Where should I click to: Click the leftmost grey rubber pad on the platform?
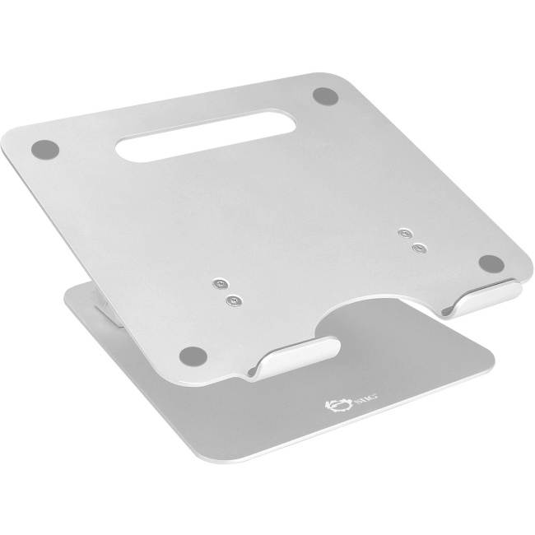(44, 151)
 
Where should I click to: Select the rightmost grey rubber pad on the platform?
(491, 263)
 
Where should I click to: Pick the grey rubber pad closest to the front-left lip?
(193, 356)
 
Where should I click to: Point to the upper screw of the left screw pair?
(218, 284)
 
